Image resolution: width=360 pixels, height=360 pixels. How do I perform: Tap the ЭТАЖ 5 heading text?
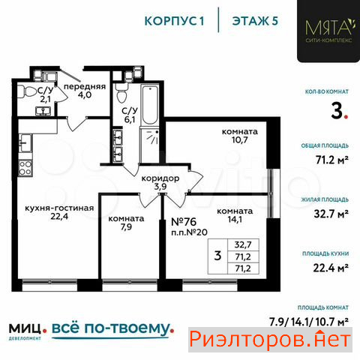click(x=255, y=21)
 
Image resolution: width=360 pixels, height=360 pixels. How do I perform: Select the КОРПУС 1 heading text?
click(x=175, y=21)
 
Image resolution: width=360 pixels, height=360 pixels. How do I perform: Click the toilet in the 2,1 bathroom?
click(x=28, y=92)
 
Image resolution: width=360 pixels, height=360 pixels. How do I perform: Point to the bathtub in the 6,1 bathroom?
click(x=150, y=104)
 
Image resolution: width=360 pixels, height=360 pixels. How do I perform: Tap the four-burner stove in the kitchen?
click(x=25, y=168)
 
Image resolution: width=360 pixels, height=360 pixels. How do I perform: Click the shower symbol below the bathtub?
click(x=150, y=145)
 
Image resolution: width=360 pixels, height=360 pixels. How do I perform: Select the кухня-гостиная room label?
click(x=59, y=212)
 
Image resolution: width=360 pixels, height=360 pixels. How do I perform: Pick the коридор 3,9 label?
click(x=160, y=182)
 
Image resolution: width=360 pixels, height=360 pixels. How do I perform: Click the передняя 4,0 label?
click(x=85, y=91)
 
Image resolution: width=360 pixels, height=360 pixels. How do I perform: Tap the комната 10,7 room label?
click(x=240, y=136)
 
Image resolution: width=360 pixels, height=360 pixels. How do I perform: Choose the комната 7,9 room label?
click(x=126, y=223)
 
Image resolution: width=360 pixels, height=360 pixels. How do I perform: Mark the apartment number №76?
click(x=184, y=221)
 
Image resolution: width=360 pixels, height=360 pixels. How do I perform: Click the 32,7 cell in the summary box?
click(x=243, y=244)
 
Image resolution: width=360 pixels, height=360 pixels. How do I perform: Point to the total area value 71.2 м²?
click(x=332, y=160)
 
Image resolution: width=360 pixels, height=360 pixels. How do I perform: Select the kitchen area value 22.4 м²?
click(x=331, y=268)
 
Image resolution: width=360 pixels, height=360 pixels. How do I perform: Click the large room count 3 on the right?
click(x=337, y=112)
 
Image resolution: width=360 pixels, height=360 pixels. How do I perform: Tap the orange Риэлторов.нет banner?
click(x=270, y=340)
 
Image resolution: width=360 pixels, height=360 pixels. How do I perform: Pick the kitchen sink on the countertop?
click(x=25, y=143)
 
